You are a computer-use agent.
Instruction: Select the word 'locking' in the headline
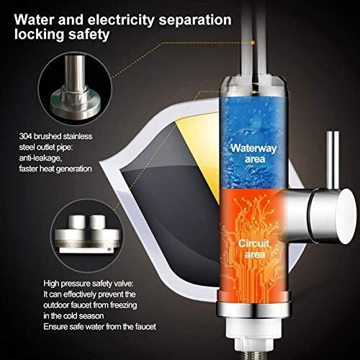(x=39, y=35)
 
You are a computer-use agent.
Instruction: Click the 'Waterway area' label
(x=253, y=153)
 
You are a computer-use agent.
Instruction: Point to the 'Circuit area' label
(x=254, y=249)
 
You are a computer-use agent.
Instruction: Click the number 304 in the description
(x=25, y=136)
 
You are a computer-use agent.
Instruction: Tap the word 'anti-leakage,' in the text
(x=40, y=158)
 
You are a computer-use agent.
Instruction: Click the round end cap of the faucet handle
(x=346, y=216)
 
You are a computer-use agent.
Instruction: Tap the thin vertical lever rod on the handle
(x=333, y=160)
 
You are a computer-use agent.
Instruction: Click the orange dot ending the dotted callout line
(x=253, y=42)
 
